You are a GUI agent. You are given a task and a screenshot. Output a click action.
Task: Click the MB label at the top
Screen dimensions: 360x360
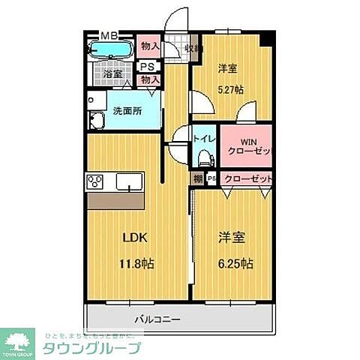[x=109, y=35]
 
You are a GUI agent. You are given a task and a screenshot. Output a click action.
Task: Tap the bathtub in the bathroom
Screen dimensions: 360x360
[x=110, y=50]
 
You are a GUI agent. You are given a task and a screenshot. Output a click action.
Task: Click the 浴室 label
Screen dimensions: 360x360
[x=112, y=74]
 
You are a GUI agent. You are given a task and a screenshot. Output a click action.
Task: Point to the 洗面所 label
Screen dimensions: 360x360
[x=125, y=111]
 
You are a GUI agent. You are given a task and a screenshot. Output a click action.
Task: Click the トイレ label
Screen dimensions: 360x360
[x=204, y=139]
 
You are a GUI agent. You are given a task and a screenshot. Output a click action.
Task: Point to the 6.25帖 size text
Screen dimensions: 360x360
[x=235, y=263]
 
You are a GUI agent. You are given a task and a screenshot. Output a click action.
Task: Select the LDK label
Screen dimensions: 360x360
[x=136, y=238]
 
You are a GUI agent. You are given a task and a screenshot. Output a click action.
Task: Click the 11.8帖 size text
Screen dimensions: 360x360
[x=136, y=263]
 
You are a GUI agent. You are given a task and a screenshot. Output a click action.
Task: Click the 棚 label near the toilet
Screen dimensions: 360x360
[x=197, y=178]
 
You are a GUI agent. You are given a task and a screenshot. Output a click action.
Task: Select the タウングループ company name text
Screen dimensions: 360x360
[x=91, y=348]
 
